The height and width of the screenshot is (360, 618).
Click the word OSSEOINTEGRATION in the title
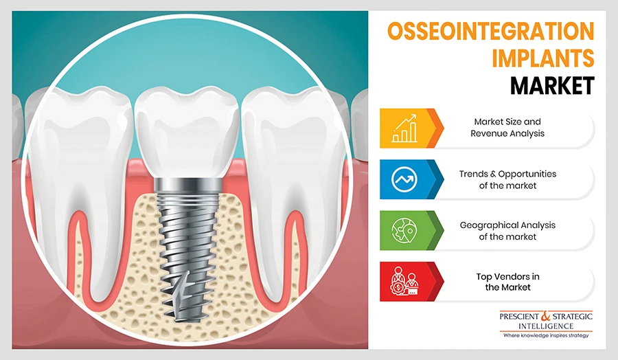[491, 31]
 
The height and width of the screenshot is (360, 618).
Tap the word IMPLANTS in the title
[542, 58]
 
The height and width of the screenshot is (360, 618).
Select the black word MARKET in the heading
[552, 85]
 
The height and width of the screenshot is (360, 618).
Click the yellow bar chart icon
[404, 128]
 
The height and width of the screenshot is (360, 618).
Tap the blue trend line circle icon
[404, 179]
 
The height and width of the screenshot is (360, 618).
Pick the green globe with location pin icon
[404, 230]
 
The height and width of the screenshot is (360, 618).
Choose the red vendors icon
[404, 282]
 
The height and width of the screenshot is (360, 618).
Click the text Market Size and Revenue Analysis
[507, 128]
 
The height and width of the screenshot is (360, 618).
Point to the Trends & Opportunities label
[507, 174]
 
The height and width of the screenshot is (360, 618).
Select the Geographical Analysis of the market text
[507, 231]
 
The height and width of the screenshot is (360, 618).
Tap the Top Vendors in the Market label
[507, 282]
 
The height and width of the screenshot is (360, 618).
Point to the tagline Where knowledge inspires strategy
[546, 335]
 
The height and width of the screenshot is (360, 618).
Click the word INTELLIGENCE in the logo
[546, 326]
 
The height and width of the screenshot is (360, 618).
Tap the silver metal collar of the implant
[187, 185]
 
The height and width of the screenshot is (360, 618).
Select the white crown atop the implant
[187, 133]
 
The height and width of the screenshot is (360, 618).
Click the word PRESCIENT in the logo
[519, 316]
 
